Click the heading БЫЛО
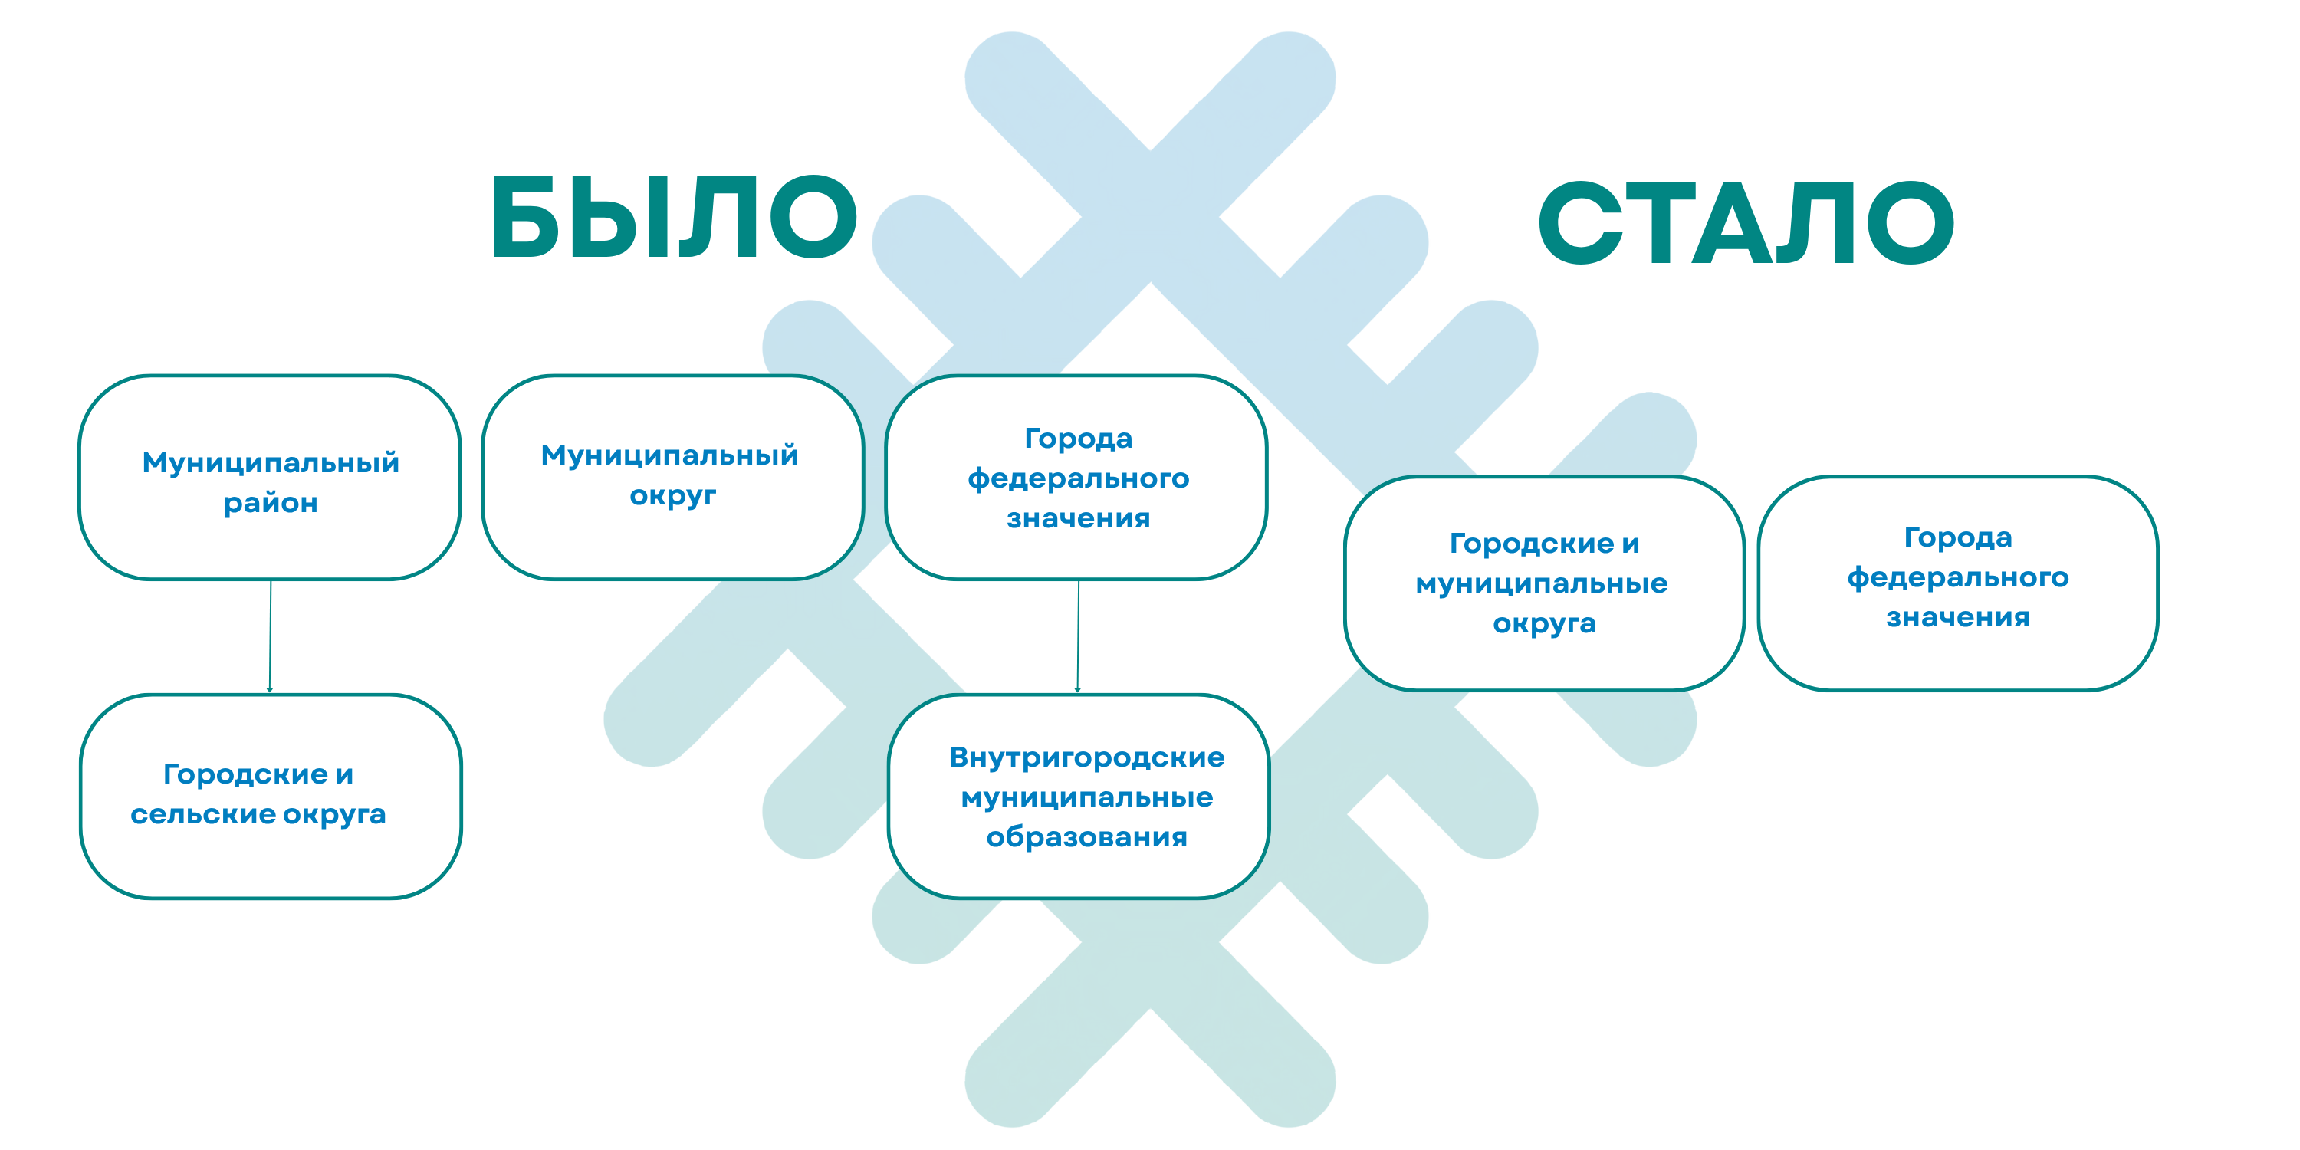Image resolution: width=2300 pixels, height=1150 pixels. [x=674, y=217]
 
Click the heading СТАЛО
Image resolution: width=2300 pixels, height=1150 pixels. [x=1746, y=222]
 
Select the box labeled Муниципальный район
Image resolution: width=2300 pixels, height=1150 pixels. [x=270, y=478]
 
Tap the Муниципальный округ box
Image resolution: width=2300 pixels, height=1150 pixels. [x=673, y=478]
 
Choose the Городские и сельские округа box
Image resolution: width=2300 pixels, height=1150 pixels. [x=271, y=797]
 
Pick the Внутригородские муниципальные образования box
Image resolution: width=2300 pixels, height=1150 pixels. [x=1079, y=797]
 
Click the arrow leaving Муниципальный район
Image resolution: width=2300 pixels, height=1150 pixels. [x=270, y=636]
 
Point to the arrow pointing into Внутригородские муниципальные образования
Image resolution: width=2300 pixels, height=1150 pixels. [x=1078, y=636]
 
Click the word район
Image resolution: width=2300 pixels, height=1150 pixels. [x=271, y=504]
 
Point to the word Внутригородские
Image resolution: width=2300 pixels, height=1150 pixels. [x=1086, y=758]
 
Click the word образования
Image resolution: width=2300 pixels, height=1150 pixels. [x=1086, y=836]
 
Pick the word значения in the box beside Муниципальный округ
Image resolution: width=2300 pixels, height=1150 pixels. [x=1079, y=517]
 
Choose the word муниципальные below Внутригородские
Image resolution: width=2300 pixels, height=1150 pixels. [x=1086, y=797]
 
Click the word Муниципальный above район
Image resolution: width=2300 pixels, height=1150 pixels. [x=271, y=462]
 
